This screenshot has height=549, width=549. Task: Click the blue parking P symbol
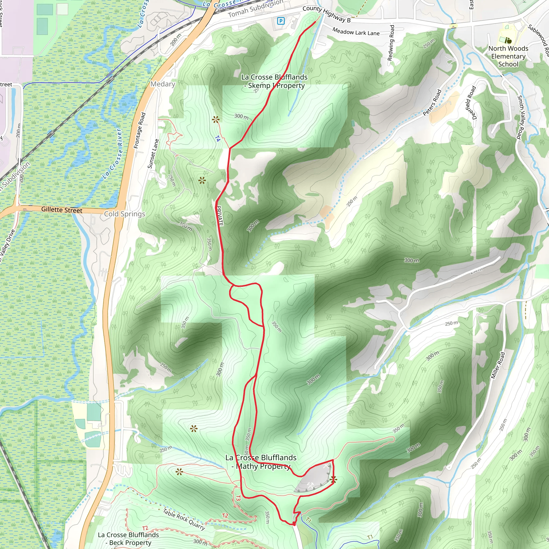(280, 21)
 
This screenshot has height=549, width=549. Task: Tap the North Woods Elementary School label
(508, 56)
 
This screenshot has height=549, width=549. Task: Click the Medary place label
(162, 84)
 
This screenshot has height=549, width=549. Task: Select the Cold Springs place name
(124, 214)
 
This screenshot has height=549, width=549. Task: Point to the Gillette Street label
(62, 210)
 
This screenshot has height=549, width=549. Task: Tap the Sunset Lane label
(153, 153)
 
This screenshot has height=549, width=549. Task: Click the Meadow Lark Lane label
(356, 32)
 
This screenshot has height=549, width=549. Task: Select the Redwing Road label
(391, 43)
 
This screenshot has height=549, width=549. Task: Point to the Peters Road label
(432, 103)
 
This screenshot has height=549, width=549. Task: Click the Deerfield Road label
(471, 103)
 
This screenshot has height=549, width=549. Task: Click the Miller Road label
(498, 365)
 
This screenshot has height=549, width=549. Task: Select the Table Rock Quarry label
(184, 519)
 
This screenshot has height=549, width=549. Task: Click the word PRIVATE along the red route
(219, 216)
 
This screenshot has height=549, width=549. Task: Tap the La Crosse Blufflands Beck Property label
(128, 539)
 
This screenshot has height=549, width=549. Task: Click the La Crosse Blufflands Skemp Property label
(274, 81)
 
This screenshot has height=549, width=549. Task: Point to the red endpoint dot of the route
(294, 524)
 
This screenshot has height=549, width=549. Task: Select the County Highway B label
(326, 14)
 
